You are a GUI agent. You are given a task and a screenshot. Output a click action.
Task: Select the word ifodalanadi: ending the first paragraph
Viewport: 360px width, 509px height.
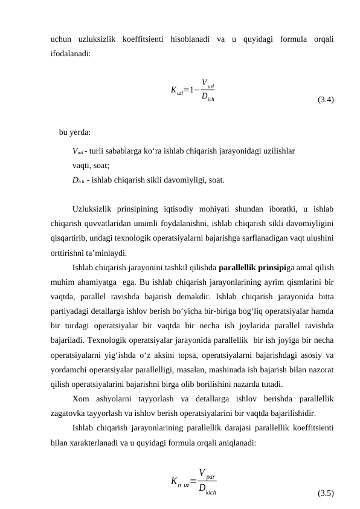pos(71,53)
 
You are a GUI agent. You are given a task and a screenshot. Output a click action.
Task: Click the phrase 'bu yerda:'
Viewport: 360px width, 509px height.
pos(76,132)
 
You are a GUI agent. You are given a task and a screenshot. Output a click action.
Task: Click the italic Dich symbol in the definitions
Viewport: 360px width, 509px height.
pos(77,180)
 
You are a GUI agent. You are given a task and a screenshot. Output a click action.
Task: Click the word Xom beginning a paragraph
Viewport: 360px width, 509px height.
pos(80,398)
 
